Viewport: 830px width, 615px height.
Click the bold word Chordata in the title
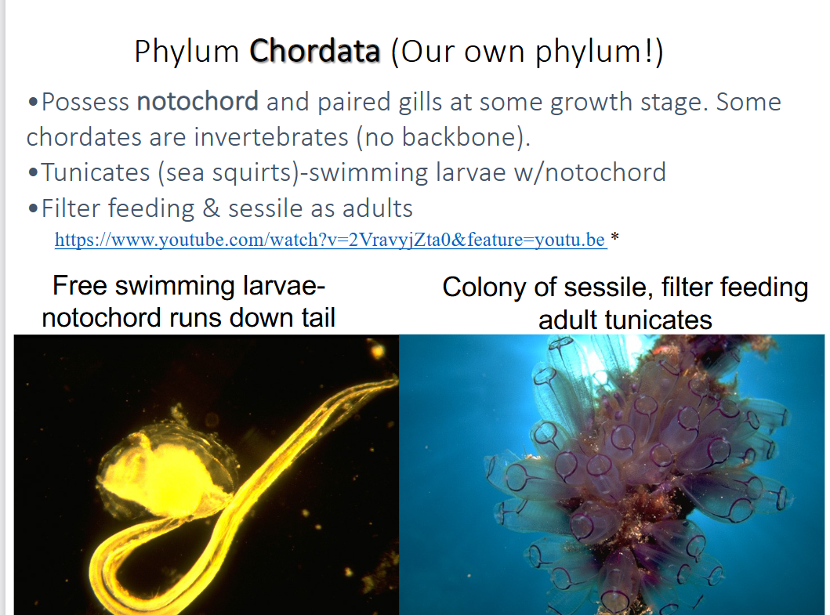315,52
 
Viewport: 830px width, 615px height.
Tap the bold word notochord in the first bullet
197,102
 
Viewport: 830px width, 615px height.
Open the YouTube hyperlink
330,240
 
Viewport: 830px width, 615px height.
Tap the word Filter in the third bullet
71,208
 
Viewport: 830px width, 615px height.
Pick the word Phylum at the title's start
187,52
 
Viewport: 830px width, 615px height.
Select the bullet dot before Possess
32,103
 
